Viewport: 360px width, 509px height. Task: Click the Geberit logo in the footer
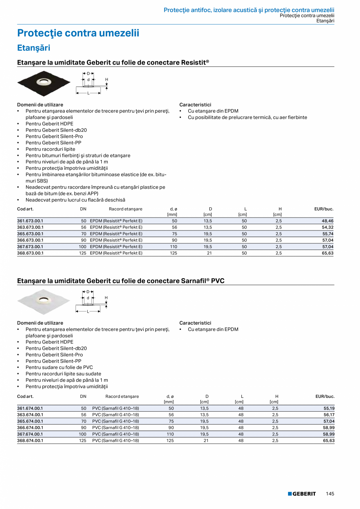302,494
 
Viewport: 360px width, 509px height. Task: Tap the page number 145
330,494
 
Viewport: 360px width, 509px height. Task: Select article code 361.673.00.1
30,221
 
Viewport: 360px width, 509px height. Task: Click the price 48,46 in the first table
328,221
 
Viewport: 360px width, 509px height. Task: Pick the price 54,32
328,227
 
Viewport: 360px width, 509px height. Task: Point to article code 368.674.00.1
30,441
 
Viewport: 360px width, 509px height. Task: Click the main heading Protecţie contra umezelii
78,33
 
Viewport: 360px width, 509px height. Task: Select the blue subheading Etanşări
34,48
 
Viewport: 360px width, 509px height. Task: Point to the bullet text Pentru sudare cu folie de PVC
59,367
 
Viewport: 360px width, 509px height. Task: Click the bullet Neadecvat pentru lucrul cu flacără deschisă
76,200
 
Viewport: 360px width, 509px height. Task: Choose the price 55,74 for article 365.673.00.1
328,234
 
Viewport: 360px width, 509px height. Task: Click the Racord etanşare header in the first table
126,209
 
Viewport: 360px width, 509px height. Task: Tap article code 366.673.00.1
30,240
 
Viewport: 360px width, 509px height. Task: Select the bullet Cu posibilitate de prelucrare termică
247,117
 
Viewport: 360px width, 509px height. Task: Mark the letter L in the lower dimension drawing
88,311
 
